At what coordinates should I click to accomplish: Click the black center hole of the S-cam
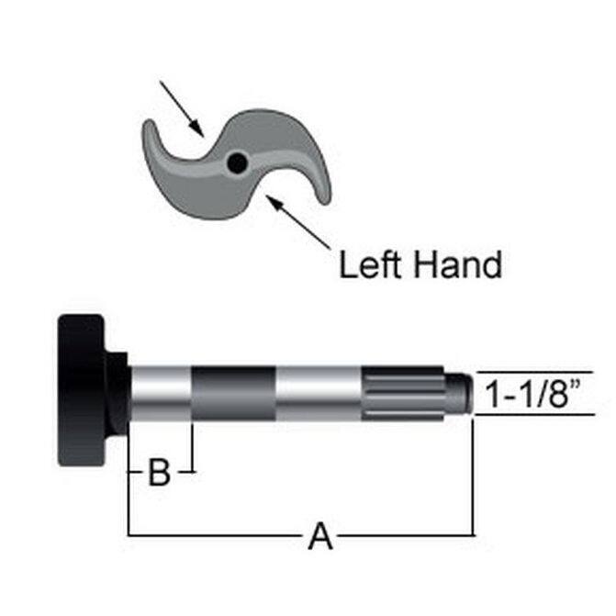(x=237, y=162)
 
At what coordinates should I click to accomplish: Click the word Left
(x=371, y=264)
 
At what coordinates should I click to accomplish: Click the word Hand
(x=458, y=264)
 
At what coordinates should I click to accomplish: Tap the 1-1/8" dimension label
(x=533, y=394)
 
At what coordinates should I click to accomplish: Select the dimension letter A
(x=320, y=536)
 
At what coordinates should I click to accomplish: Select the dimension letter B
(x=160, y=472)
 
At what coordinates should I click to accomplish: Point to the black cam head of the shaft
(x=82, y=390)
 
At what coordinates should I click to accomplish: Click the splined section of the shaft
(x=403, y=393)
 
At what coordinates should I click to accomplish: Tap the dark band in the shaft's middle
(x=233, y=393)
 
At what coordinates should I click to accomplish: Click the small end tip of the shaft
(x=458, y=393)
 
